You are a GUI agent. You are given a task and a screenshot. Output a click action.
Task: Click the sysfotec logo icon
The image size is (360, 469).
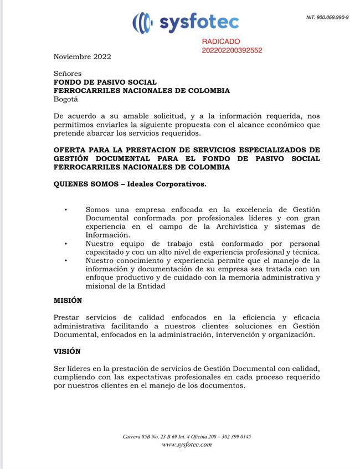(142, 22)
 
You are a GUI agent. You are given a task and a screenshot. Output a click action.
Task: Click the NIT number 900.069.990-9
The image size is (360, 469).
(327, 17)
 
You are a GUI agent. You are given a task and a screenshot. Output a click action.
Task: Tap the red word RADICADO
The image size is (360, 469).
(221, 42)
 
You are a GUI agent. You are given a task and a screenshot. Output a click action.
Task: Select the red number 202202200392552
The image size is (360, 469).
(232, 50)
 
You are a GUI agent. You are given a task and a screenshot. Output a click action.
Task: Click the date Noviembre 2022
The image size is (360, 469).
(82, 56)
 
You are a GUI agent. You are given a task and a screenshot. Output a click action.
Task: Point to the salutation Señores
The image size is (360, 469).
(68, 74)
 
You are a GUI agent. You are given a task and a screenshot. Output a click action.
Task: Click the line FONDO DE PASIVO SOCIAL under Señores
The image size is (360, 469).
(105, 83)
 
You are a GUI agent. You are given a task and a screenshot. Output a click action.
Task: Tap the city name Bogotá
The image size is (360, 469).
(66, 100)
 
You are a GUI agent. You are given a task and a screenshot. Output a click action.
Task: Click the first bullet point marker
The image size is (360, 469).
(66, 209)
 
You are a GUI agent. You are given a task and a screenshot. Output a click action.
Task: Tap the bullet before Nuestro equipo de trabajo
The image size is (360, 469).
(66, 244)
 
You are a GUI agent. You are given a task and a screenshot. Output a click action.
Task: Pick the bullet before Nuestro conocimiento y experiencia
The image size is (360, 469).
(66, 261)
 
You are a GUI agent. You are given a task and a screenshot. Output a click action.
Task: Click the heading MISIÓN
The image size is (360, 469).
(68, 300)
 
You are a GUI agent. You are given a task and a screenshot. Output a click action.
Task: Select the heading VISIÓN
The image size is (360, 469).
(67, 351)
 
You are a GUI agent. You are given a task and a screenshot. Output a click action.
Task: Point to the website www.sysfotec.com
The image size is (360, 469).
(187, 445)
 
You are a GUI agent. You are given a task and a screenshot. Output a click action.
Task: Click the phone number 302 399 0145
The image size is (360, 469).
(232, 437)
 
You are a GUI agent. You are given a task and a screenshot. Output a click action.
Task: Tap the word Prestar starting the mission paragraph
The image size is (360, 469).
(67, 317)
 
